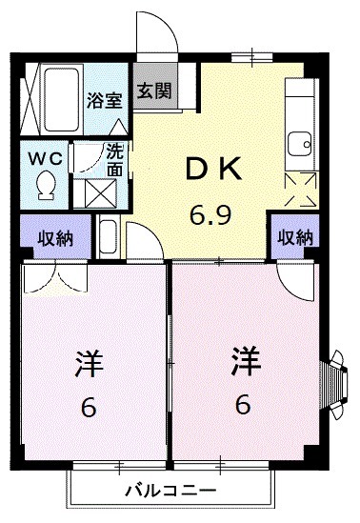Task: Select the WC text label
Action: point(43,156)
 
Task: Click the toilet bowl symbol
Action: point(44,185)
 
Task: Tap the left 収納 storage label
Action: point(56,238)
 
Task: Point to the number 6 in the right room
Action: point(244,405)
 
